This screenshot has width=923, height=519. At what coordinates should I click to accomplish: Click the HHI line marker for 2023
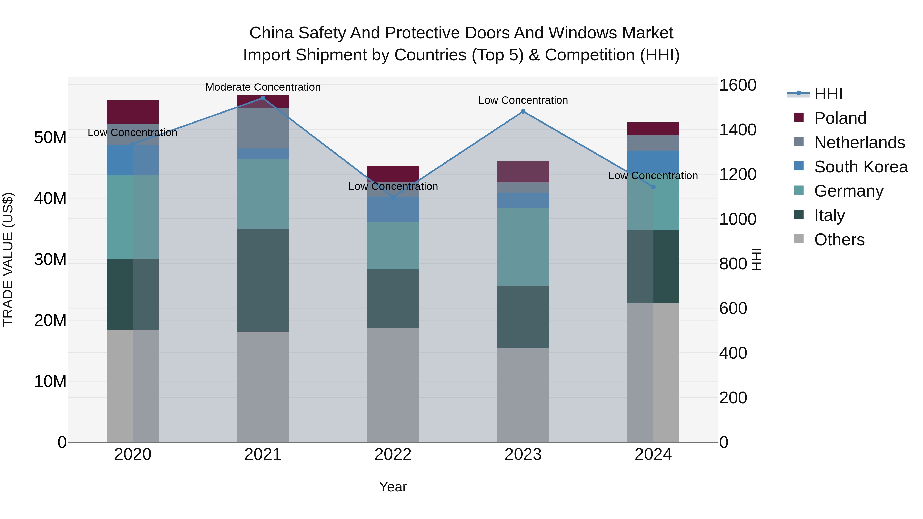(x=523, y=111)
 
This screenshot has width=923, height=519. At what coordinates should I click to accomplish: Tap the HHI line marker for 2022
(x=393, y=197)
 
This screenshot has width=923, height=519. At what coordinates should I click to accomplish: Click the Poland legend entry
(x=840, y=118)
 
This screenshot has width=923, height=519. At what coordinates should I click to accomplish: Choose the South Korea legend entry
(x=861, y=167)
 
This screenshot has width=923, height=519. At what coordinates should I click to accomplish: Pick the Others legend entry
(x=839, y=240)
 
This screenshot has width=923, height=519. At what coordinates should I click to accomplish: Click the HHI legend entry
(x=828, y=94)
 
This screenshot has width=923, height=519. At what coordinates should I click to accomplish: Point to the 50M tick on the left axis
(x=50, y=138)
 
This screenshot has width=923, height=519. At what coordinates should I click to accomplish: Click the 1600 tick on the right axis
(x=738, y=85)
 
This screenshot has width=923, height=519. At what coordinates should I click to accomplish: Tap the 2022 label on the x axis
(x=393, y=454)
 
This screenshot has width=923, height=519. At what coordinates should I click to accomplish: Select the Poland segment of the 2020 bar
(x=133, y=112)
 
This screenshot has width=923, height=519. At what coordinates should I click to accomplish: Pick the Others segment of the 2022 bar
(x=393, y=385)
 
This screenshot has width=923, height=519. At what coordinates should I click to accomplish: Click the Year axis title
(x=393, y=487)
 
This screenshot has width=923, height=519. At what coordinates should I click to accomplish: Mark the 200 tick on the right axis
(x=733, y=398)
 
